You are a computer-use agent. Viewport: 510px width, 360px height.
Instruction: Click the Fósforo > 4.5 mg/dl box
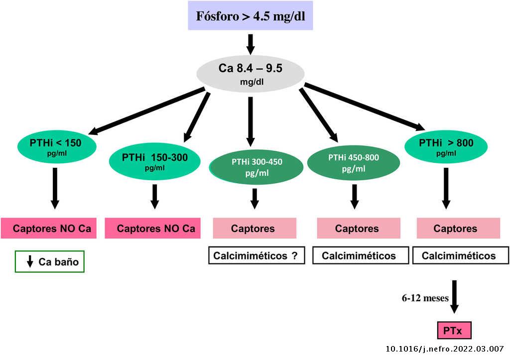click(x=251, y=15)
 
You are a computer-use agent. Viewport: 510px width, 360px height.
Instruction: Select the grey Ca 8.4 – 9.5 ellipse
click(x=251, y=73)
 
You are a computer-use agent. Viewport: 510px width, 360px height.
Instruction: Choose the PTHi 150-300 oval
click(x=155, y=161)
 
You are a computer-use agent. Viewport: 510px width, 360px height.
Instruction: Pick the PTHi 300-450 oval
click(x=256, y=167)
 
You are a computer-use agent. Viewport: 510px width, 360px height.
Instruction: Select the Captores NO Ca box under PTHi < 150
click(x=52, y=229)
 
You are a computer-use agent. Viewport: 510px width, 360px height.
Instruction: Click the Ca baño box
click(x=50, y=262)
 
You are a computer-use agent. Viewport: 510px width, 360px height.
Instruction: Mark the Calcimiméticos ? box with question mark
click(x=256, y=256)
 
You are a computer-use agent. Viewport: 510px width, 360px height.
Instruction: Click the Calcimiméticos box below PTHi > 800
click(x=458, y=256)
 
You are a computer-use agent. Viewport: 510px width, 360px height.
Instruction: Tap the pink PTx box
click(x=453, y=330)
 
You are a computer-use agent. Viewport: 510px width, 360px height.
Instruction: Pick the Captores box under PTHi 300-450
click(x=255, y=229)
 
